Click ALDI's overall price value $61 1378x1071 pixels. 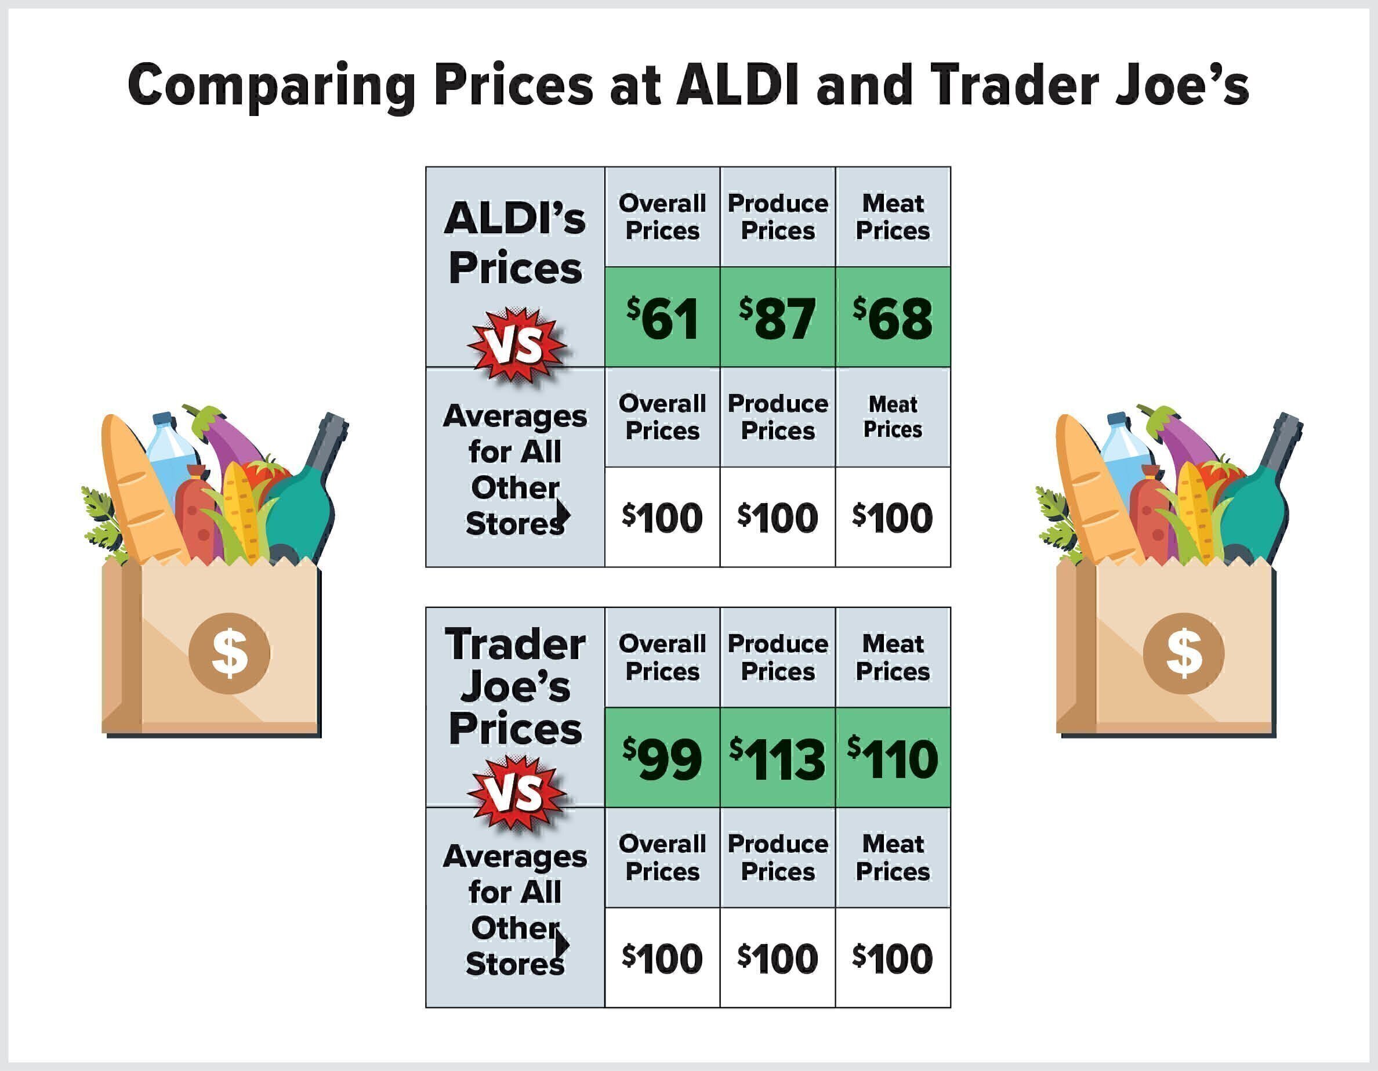coord(662,317)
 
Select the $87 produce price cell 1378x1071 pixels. coord(777,317)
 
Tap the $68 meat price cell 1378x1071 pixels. coord(892,317)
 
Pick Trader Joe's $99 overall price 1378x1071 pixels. coord(662,758)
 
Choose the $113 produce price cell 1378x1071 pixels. coord(777,758)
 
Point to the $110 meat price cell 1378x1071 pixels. coord(892,758)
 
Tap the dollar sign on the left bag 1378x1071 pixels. coord(229,653)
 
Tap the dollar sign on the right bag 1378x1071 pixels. coord(1184,653)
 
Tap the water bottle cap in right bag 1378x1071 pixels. coord(1116,418)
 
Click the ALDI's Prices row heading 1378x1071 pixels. coord(515,243)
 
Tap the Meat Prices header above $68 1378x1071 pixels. coord(892,216)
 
